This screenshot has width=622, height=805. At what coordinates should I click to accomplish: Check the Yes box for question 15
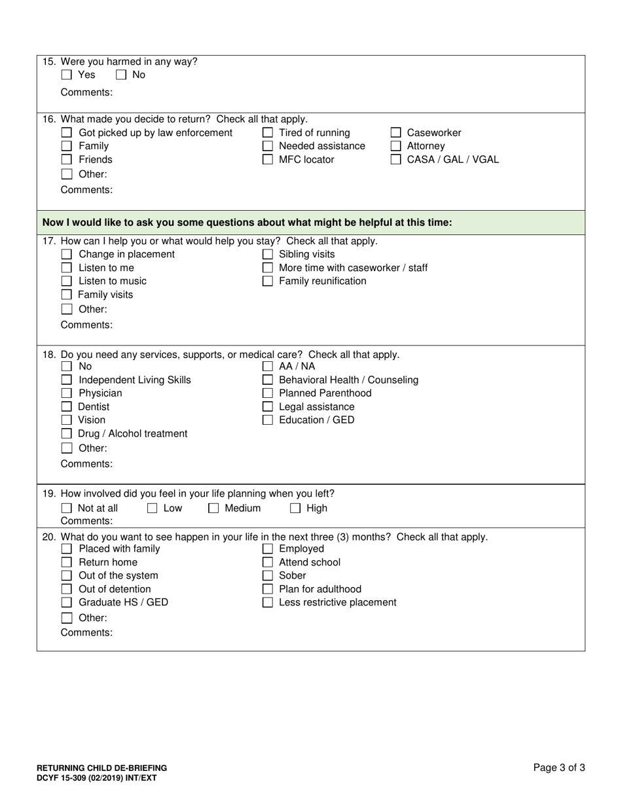(66, 75)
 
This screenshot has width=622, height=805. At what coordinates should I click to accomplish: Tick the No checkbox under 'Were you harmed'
(121, 75)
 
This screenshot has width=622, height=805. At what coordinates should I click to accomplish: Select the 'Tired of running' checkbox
(267, 133)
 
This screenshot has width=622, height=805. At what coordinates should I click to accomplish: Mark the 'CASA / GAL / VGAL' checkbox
(395, 160)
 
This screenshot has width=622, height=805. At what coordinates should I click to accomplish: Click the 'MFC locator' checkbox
(267, 160)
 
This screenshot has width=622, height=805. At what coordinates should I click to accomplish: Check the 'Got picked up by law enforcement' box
(66, 133)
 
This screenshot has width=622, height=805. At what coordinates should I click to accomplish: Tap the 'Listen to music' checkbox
(66, 281)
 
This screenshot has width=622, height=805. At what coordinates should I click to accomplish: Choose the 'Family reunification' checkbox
(267, 281)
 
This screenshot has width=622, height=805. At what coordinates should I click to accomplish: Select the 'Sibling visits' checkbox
(267, 255)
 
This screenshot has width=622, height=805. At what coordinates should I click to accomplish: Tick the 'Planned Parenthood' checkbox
(267, 393)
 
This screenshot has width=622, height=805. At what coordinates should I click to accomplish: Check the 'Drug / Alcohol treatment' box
(66, 434)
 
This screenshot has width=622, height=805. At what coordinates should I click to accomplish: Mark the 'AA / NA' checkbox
(267, 367)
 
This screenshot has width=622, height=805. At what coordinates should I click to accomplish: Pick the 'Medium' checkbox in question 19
(213, 509)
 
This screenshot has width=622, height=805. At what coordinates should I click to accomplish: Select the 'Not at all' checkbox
(66, 509)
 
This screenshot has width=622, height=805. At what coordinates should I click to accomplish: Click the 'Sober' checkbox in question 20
(267, 576)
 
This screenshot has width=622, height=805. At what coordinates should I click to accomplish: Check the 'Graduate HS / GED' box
(66, 603)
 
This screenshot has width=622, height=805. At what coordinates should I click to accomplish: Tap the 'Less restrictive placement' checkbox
(267, 603)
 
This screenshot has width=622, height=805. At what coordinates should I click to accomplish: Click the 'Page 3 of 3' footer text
(559, 768)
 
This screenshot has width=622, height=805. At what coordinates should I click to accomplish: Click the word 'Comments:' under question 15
(86, 92)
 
